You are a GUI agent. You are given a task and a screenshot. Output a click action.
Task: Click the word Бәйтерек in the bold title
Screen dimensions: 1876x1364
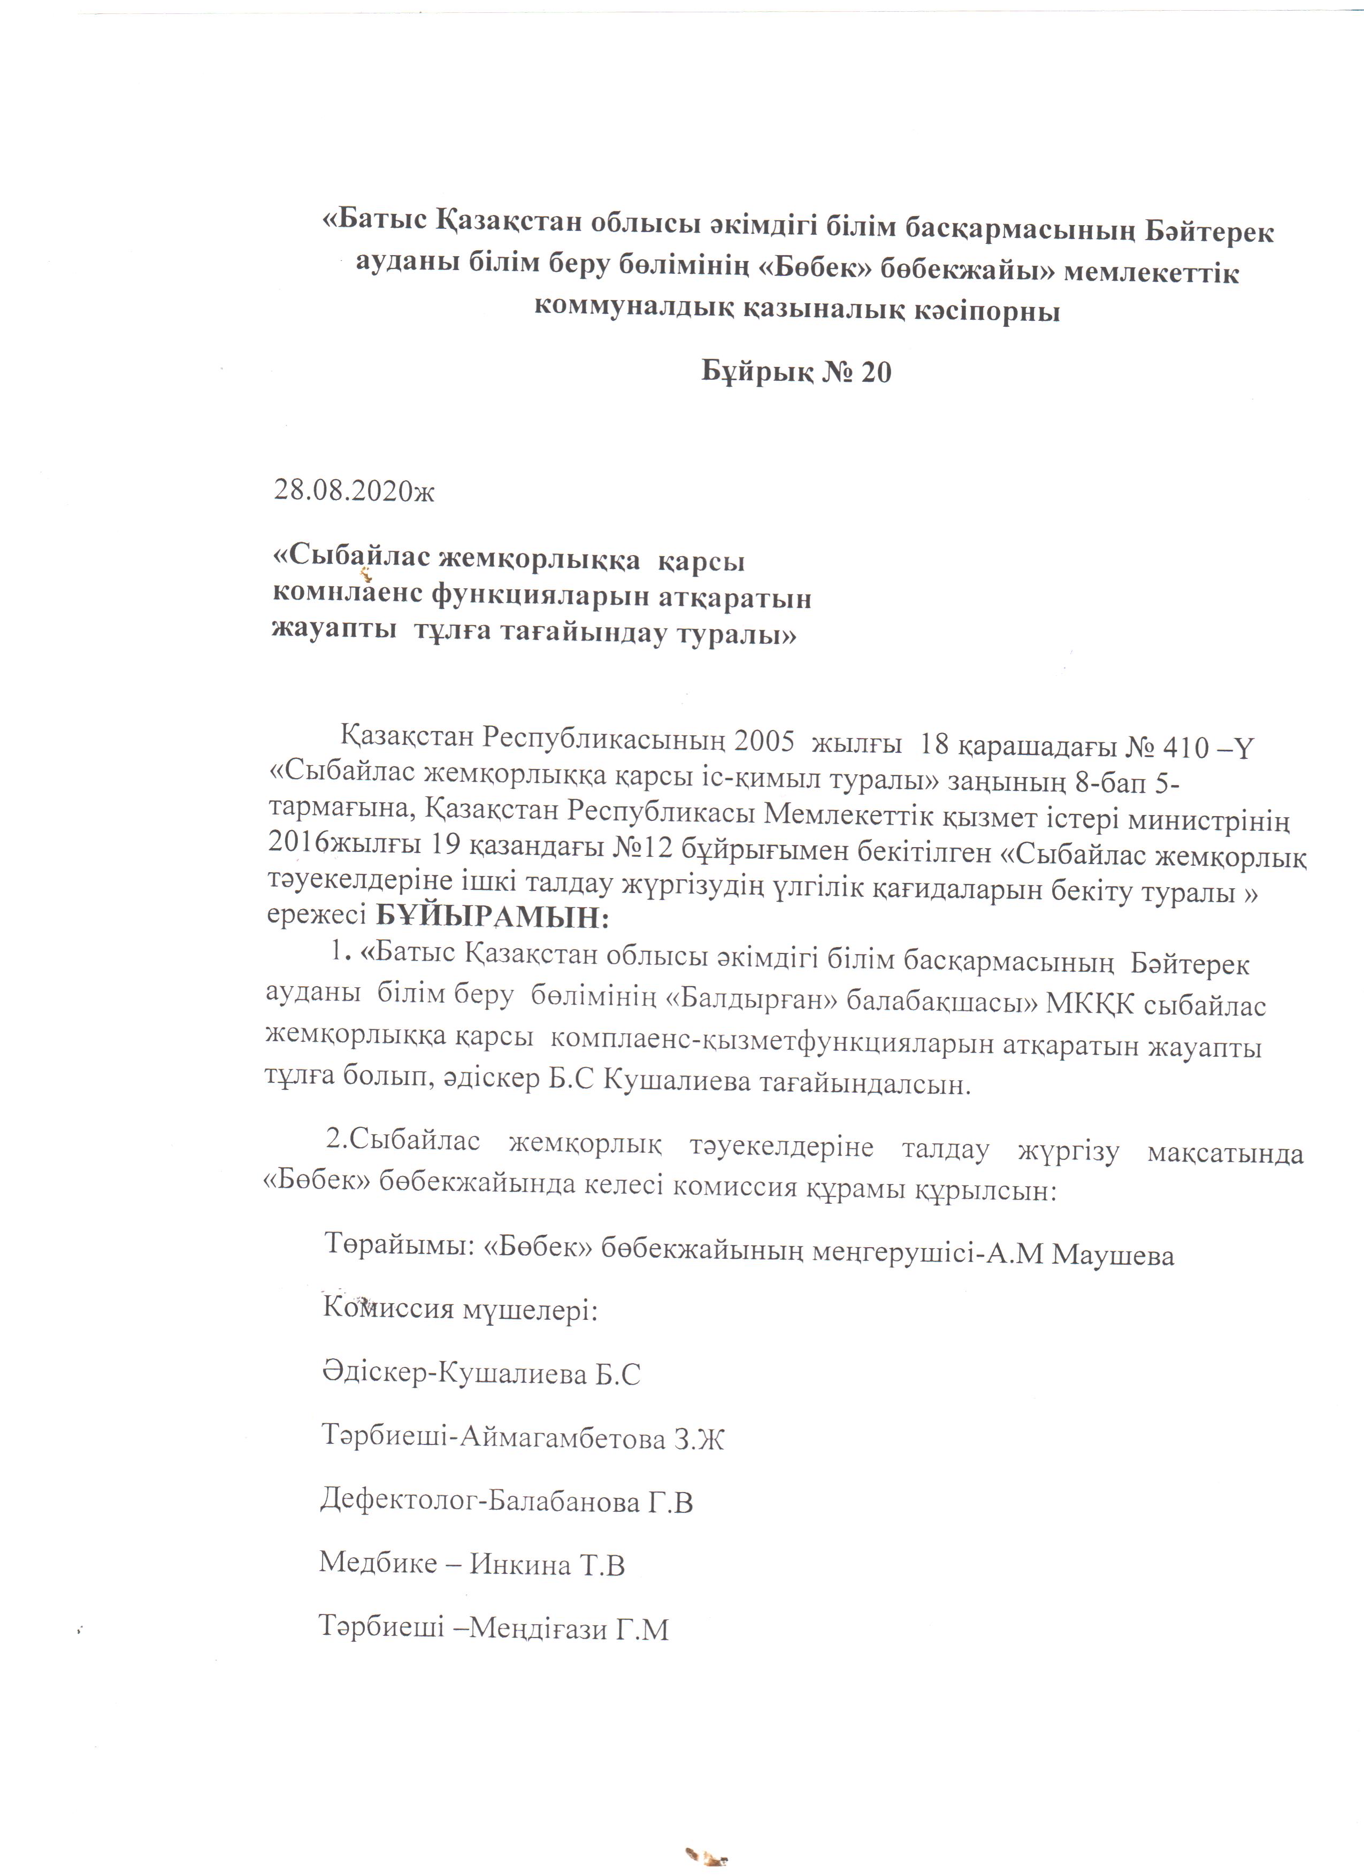pyautogui.click(x=1209, y=233)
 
